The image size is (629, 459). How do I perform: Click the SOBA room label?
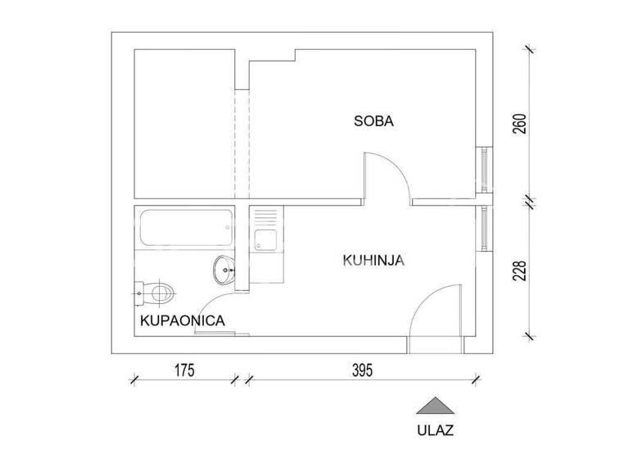coord(373,121)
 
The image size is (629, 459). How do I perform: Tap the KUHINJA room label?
coord(374,261)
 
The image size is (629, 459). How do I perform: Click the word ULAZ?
coord(434,429)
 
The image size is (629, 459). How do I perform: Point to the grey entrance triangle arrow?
coord(434,405)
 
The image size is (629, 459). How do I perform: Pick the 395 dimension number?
coord(363,370)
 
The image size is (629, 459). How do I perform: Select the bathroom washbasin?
coord(225,268)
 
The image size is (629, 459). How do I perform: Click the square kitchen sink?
coord(266,240)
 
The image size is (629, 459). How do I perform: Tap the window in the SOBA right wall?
coord(486,171)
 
